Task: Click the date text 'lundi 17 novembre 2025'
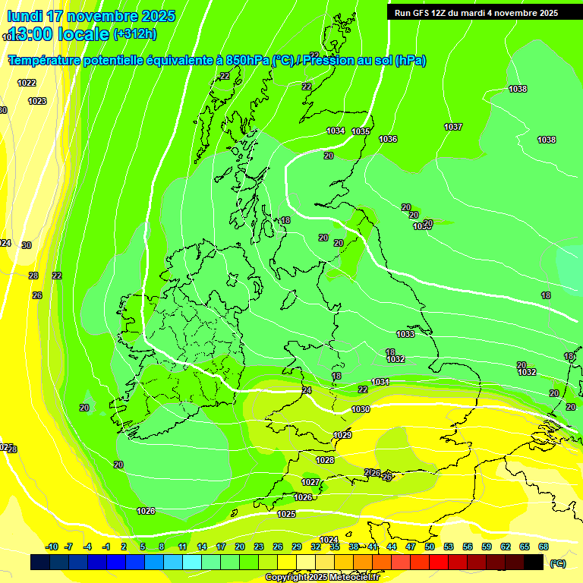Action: click(x=90, y=16)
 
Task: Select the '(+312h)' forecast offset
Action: click(x=134, y=34)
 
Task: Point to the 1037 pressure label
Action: click(x=453, y=127)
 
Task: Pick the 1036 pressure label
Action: click(x=388, y=139)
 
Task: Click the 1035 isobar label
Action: click(x=361, y=132)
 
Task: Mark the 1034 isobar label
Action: click(x=336, y=131)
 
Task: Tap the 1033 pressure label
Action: click(x=405, y=334)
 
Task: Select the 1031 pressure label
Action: click(x=380, y=381)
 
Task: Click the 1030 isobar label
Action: click(x=361, y=410)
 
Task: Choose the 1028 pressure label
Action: click(x=325, y=460)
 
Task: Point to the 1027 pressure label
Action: click(x=310, y=482)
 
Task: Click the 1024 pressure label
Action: click(x=329, y=540)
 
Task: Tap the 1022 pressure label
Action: click(x=27, y=83)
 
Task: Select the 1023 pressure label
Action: click(x=37, y=101)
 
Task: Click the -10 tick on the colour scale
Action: click(x=52, y=547)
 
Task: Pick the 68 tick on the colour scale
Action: click(x=544, y=547)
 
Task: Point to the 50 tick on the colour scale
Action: click(x=430, y=547)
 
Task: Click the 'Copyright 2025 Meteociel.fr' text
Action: click(x=322, y=577)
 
